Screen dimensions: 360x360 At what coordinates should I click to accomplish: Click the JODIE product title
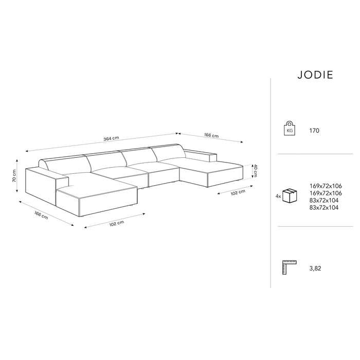pos(315,75)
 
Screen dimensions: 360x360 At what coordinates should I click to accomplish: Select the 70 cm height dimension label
pos(15,177)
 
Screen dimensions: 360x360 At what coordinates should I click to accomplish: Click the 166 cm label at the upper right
pos(211,136)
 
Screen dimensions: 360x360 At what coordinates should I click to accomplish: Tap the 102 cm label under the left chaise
pos(117,224)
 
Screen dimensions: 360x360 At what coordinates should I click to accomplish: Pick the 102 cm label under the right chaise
pos(237,192)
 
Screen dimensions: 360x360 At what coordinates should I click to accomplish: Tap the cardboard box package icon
pos(291,196)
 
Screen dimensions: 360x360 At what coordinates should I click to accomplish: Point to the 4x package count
pos(278,196)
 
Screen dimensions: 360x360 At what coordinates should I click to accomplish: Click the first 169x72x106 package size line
pos(326,185)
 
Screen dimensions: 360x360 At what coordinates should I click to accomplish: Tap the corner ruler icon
pos(290,268)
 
